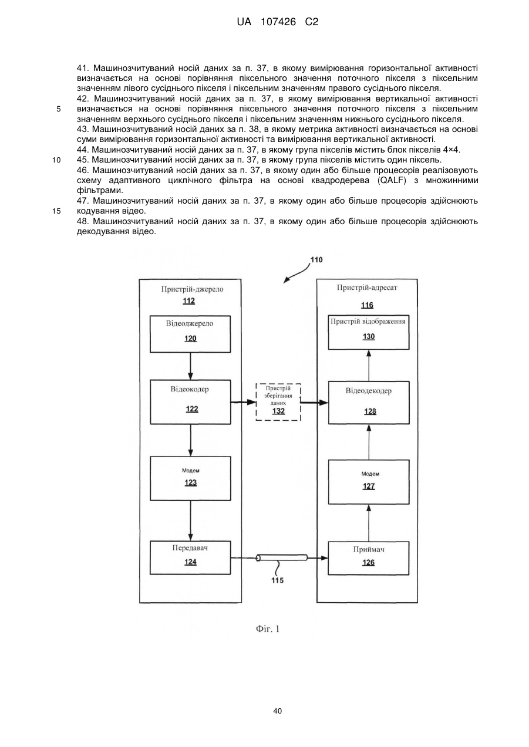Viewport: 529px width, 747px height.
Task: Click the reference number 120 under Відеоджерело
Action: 190,339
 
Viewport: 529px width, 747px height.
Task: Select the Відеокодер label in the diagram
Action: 190,389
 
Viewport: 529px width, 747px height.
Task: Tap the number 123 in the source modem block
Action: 191,482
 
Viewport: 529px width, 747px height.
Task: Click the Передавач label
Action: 190,547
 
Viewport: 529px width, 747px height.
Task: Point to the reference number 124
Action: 190,562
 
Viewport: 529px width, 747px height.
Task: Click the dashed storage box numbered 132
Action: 278,402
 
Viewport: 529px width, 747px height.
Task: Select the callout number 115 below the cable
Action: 277,580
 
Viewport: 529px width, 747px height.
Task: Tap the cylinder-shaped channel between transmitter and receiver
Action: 282,557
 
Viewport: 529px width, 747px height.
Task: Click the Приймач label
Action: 369,550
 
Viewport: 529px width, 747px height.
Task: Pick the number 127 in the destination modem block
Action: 369,486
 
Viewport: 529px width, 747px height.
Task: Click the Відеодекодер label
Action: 369,391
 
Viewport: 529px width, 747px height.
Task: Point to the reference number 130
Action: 369,336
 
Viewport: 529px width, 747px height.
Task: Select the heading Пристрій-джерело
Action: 192,289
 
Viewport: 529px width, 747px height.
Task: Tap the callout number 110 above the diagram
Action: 316,260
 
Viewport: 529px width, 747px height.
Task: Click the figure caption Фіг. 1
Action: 268,629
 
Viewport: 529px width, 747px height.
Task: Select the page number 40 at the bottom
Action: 277,711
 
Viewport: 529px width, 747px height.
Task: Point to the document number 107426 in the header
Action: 278,22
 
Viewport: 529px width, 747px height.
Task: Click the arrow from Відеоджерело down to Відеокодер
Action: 190,366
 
